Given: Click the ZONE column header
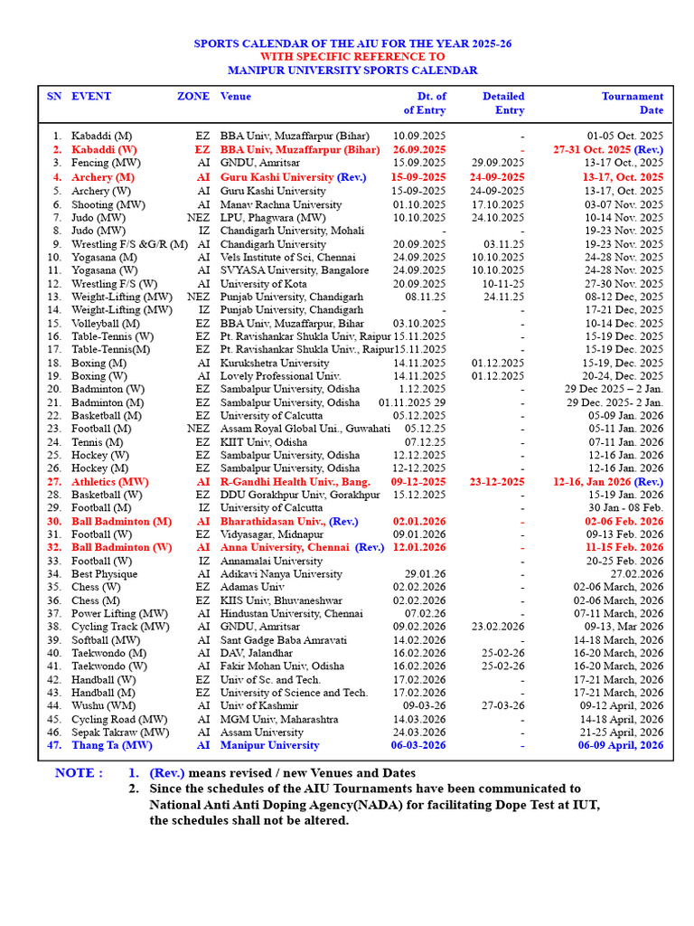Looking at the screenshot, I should [192, 96].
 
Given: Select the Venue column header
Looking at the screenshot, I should [236, 96].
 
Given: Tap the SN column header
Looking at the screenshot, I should [54, 96].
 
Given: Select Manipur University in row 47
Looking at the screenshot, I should [269, 745].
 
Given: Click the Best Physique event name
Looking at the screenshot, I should [105, 574].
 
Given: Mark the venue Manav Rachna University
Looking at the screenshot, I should [281, 205].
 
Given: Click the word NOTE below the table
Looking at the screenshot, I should [79, 773].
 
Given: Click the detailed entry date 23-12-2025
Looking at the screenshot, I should [496, 482].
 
